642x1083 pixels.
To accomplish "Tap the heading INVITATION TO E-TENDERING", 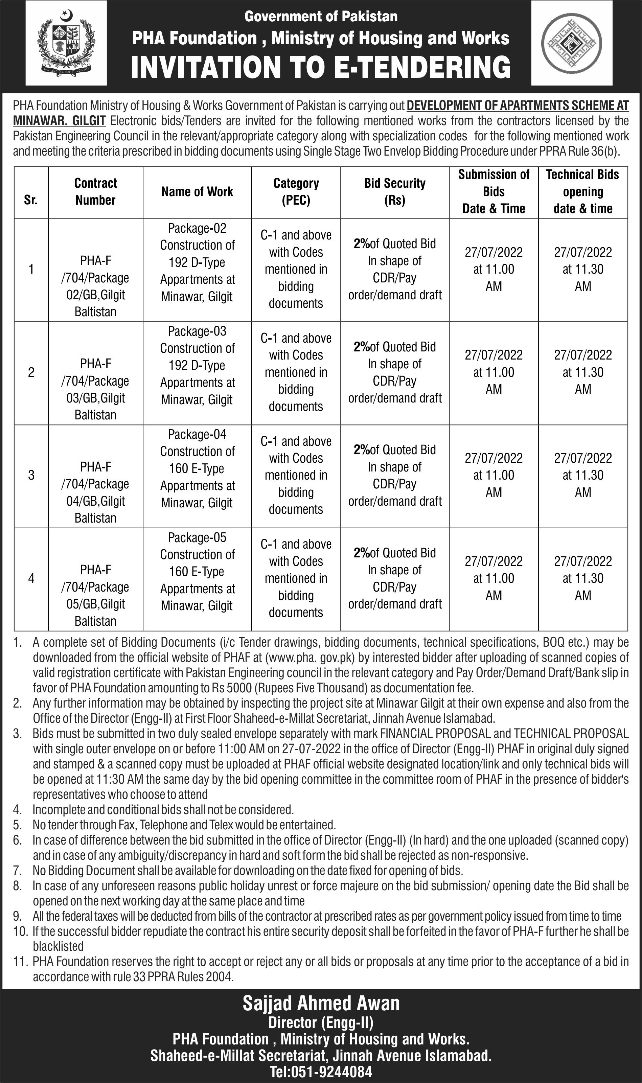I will click(x=321, y=67).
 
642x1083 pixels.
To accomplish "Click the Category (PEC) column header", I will click(x=296, y=191).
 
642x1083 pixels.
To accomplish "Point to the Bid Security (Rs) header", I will click(x=394, y=191).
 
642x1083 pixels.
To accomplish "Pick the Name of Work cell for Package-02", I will click(x=197, y=262).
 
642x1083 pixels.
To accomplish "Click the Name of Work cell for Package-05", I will click(x=197, y=571).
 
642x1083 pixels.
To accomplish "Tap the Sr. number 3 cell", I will click(x=31, y=475).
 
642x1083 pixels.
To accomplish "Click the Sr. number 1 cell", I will click(x=31, y=270).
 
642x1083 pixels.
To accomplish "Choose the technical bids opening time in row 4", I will click(x=583, y=578).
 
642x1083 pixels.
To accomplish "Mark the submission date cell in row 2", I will click(x=494, y=372).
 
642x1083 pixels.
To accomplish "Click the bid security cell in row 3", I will click(x=394, y=475).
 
